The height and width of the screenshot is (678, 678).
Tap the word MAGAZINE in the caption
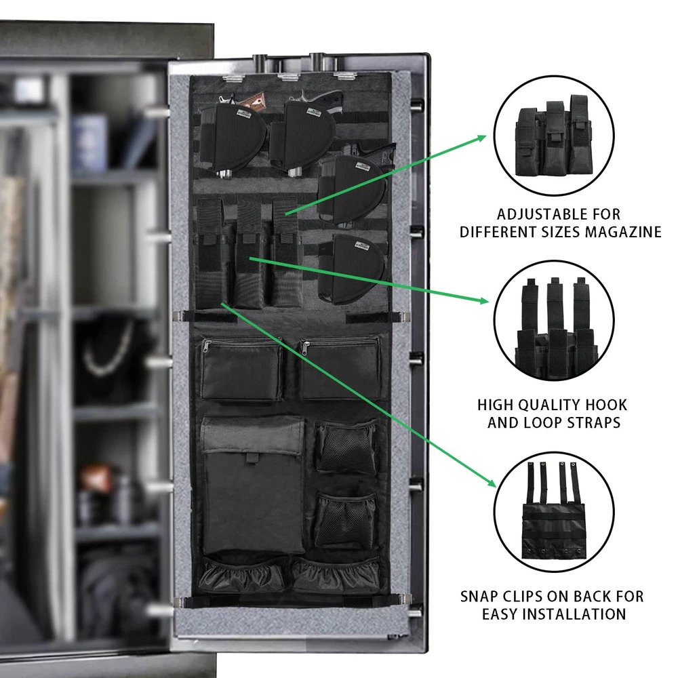click(x=623, y=232)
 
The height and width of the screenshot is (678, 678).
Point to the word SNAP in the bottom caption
click(x=480, y=597)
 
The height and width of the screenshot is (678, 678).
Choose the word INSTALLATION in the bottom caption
click(x=574, y=614)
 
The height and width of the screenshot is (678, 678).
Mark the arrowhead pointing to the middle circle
click(x=484, y=300)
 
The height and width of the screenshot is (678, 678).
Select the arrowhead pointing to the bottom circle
click(x=491, y=483)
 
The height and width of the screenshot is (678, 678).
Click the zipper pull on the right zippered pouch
click(x=306, y=346)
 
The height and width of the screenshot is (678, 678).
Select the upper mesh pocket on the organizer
click(x=346, y=448)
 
